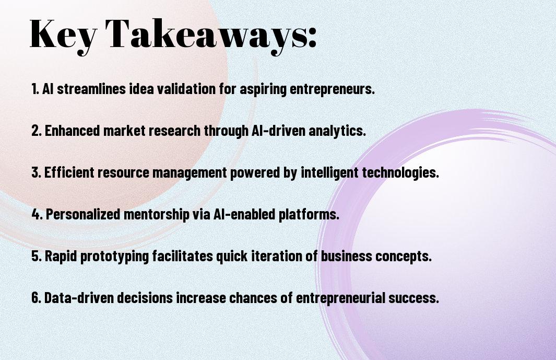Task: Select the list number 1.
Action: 35,89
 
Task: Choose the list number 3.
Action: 36,172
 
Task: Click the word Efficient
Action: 69,172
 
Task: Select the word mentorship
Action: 157,215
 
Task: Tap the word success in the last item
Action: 414,297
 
